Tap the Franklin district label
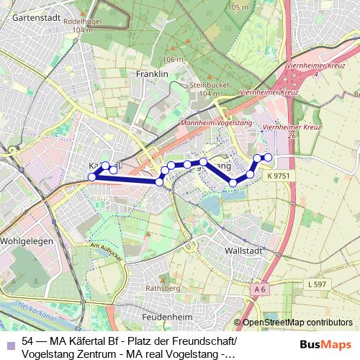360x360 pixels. [151, 73]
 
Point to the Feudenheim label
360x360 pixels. [161, 315]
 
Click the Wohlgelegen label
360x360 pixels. [27, 241]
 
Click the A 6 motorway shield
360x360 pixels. [260, 288]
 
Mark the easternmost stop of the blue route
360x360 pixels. [268, 157]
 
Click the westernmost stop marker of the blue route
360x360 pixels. [91, 176]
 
